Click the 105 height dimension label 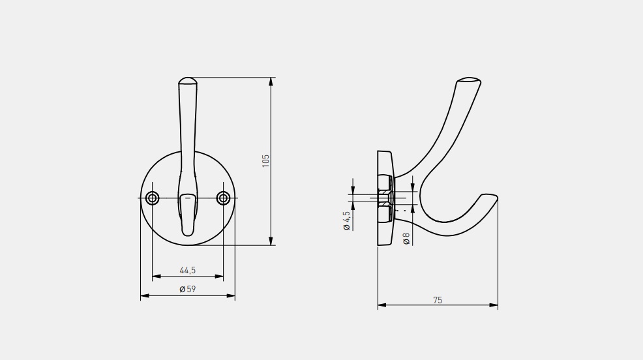pos(265,160)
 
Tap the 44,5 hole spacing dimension pos(187,270)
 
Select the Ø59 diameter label pos(187,289)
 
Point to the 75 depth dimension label pos(438,300)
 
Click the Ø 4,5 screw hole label pos(346,220)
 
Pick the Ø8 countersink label pos(406,239)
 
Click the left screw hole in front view pos(152,198)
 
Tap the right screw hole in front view pos(223,198)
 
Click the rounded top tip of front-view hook pos(187,79)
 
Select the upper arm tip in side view pos(469,80)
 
